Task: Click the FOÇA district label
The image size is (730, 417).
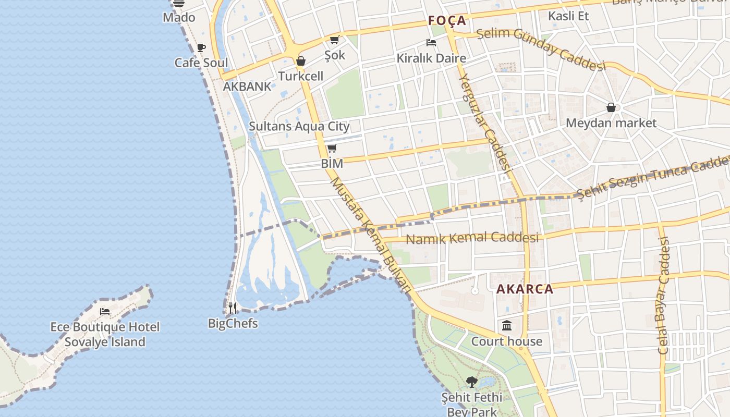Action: (x=447, y=21)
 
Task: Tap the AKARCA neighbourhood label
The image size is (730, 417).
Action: (x=525, y=289)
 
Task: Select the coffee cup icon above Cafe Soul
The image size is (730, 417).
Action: (x=201, y=48)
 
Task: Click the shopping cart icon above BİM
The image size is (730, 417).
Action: (x=332, y=149)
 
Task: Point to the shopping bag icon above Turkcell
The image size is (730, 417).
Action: (x=301, y=61)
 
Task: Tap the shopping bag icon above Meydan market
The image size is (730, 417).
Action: (x=611, y=108)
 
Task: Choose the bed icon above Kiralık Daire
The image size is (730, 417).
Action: (x=431, y=43)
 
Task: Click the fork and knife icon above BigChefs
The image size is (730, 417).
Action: (x=233, y=308)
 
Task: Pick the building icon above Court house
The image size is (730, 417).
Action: (x=507, y=326)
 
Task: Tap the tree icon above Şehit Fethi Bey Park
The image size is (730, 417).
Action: (x=472, y=382)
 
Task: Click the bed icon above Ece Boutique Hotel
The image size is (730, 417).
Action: (x=105, y=312)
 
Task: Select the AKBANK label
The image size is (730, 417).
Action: (x=247, y=87)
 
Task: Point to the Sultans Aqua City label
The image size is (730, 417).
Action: (x=299, y=126)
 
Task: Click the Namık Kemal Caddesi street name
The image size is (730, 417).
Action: (x=472, y=238)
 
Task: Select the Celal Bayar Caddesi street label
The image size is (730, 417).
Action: (x=663, y=296)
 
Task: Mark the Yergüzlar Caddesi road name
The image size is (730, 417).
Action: (x=484, y=122)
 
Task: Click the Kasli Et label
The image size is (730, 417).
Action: (x=568, y=16)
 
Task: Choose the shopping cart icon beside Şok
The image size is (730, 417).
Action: (x=335, y=40)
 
